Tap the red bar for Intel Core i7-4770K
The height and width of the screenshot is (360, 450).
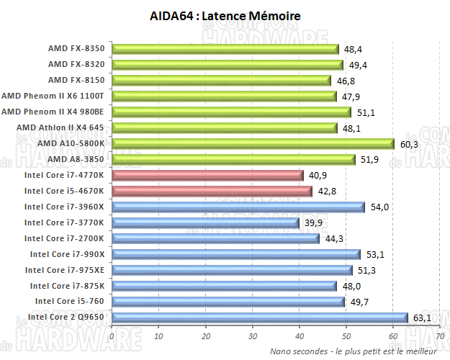pos(208,175)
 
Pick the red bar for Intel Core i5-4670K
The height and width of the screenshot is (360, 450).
pos(212,191)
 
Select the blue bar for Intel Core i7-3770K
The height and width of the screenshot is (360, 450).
pos(206,222)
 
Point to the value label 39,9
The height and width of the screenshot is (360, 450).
pos(312,222)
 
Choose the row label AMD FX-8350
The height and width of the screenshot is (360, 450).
pos(76,48)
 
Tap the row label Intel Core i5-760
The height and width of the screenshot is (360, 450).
pos(71,301)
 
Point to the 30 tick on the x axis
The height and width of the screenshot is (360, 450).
pos(253,336)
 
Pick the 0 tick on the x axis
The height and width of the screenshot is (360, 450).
pos(112,336)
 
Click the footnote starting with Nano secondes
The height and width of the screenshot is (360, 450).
pos(353,351)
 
